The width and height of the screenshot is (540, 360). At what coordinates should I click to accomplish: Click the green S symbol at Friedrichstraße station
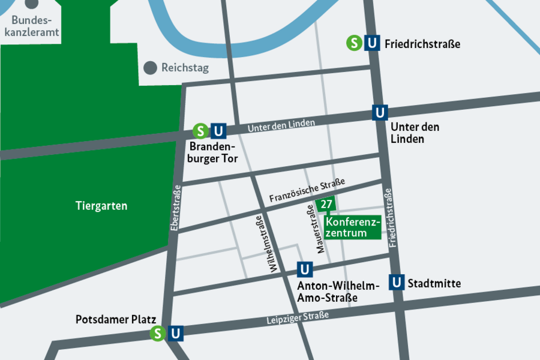[x=355, y=43]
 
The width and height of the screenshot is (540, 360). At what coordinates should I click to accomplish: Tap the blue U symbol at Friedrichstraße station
[x=373, y=43]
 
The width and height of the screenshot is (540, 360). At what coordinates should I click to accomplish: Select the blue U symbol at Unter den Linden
[x=380, y=112]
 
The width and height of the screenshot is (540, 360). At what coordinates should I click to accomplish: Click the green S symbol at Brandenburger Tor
[x=200, y=131]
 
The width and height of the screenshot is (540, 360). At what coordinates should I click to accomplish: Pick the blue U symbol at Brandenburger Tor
[x=218, y=131]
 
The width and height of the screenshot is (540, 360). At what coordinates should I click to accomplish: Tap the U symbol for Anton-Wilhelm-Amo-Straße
[x=305, y=269]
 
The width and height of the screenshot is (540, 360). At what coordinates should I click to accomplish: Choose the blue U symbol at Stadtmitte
[x=397, y=282]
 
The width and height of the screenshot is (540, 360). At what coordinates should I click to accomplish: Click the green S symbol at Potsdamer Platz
[x=158, y=333]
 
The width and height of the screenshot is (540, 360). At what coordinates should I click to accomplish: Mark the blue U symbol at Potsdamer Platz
[x=176, y=333]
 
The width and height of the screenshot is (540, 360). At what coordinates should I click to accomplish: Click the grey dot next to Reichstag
[x=150, y=68]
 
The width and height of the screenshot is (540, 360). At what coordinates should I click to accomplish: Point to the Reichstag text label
[x=185, y=68]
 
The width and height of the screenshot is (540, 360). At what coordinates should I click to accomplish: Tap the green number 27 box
[x=326, y=205]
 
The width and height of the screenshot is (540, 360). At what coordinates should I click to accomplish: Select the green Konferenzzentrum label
[x=353, y=227]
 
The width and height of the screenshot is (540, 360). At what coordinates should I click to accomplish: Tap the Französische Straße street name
[x=307, y=189]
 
